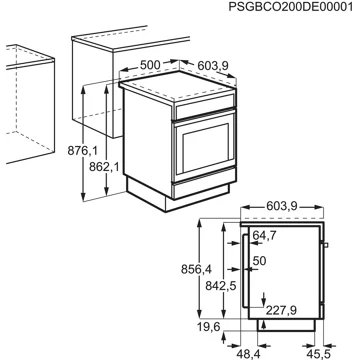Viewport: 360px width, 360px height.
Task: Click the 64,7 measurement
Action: coord(265,237)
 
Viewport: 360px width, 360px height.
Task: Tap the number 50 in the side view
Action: coord(260,261)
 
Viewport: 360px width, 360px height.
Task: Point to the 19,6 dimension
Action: coord(208,326)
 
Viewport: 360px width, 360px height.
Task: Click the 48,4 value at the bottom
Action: coord(248,352)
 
